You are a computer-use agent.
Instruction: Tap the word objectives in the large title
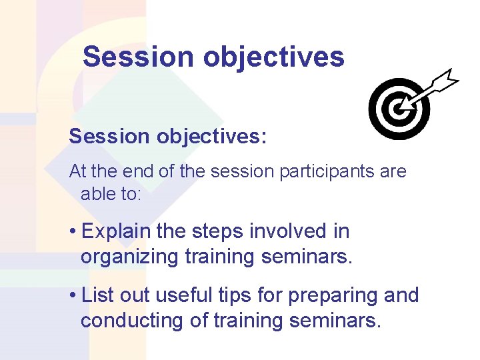(274, 57)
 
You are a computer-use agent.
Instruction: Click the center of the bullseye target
(399, 109)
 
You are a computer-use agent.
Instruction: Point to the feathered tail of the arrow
(445, 79)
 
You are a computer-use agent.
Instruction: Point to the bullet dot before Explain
(73, 232)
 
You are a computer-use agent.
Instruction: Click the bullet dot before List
(73, 296)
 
